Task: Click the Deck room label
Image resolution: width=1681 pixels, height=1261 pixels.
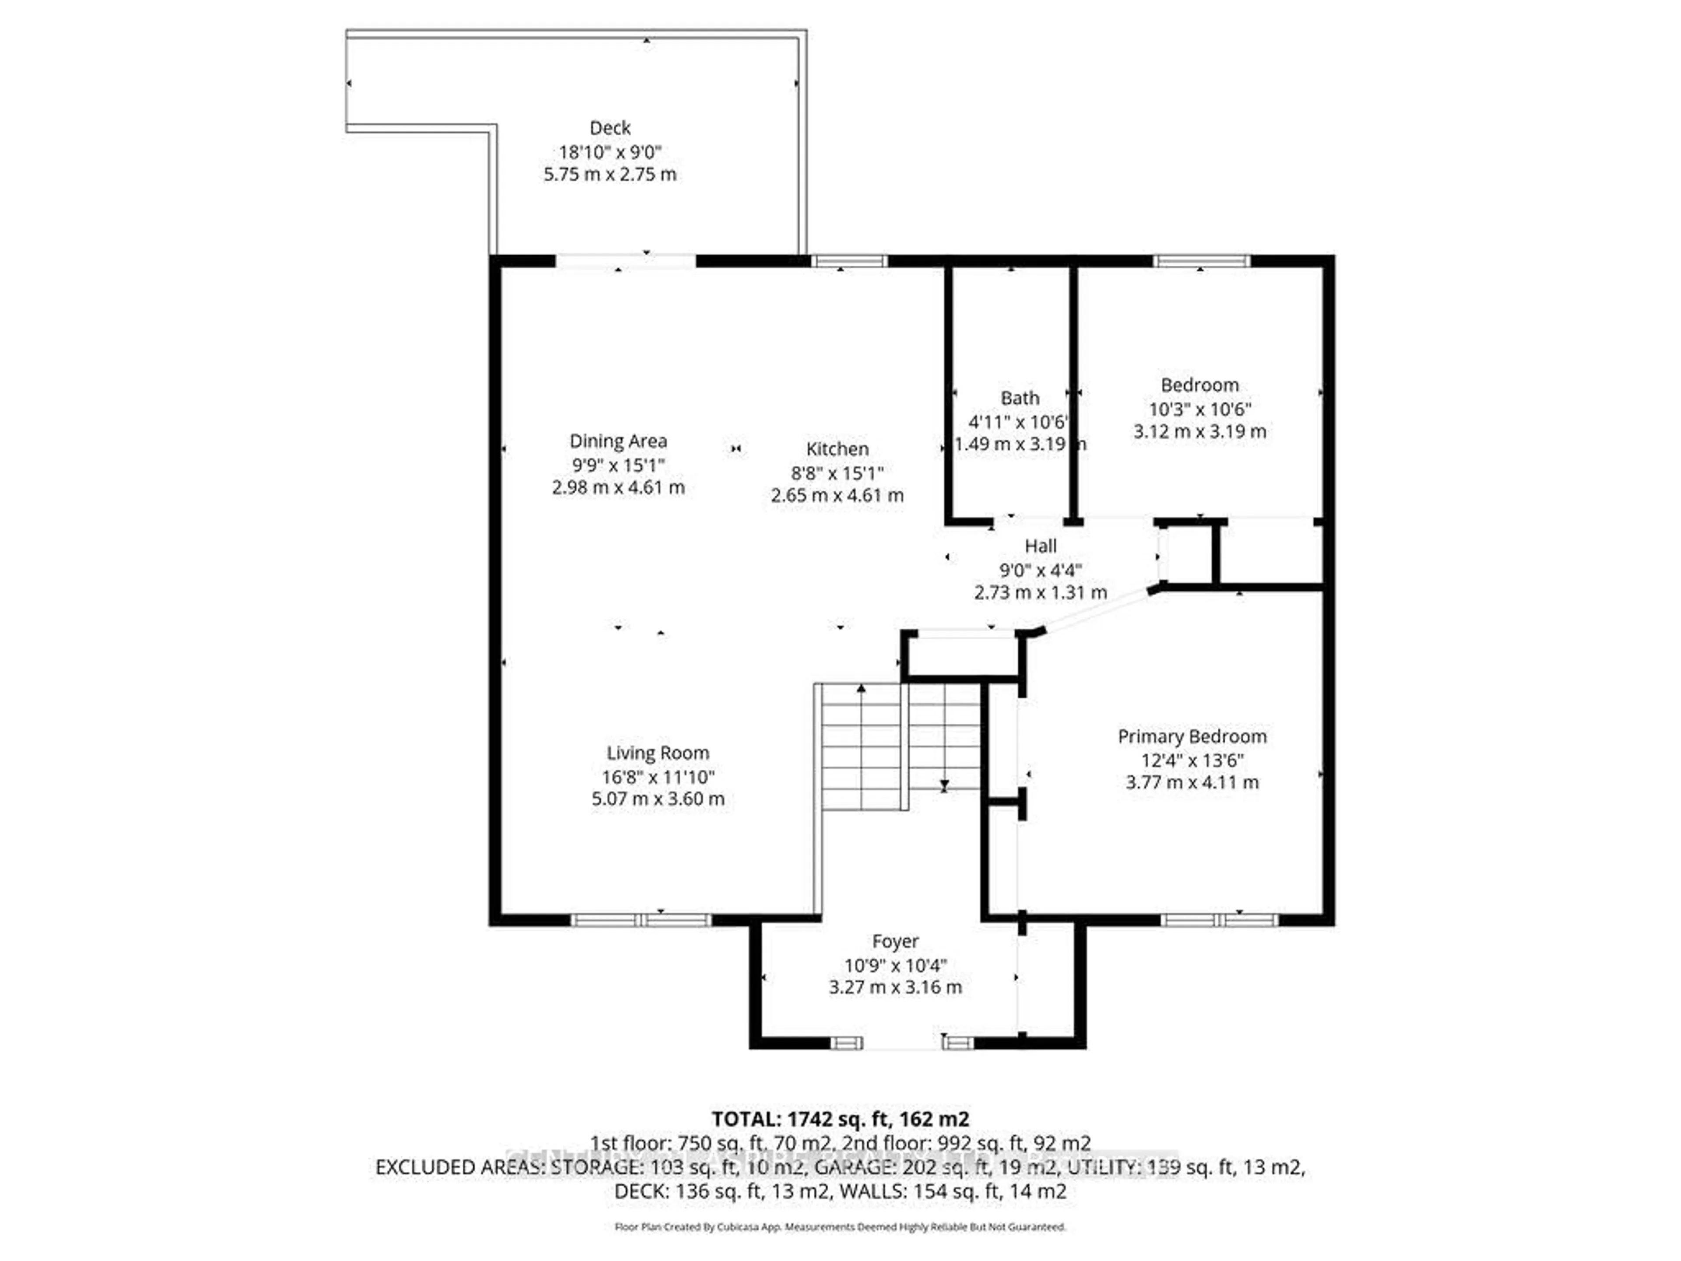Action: point(609,128)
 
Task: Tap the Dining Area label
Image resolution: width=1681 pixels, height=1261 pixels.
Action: point(618,441)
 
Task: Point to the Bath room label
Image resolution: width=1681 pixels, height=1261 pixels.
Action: point(1019,398)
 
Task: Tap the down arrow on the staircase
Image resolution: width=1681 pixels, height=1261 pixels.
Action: point(944,785)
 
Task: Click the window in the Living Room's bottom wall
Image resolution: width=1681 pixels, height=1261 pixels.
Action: point(640,920)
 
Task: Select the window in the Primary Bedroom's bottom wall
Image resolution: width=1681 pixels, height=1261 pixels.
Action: point(1219,920)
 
